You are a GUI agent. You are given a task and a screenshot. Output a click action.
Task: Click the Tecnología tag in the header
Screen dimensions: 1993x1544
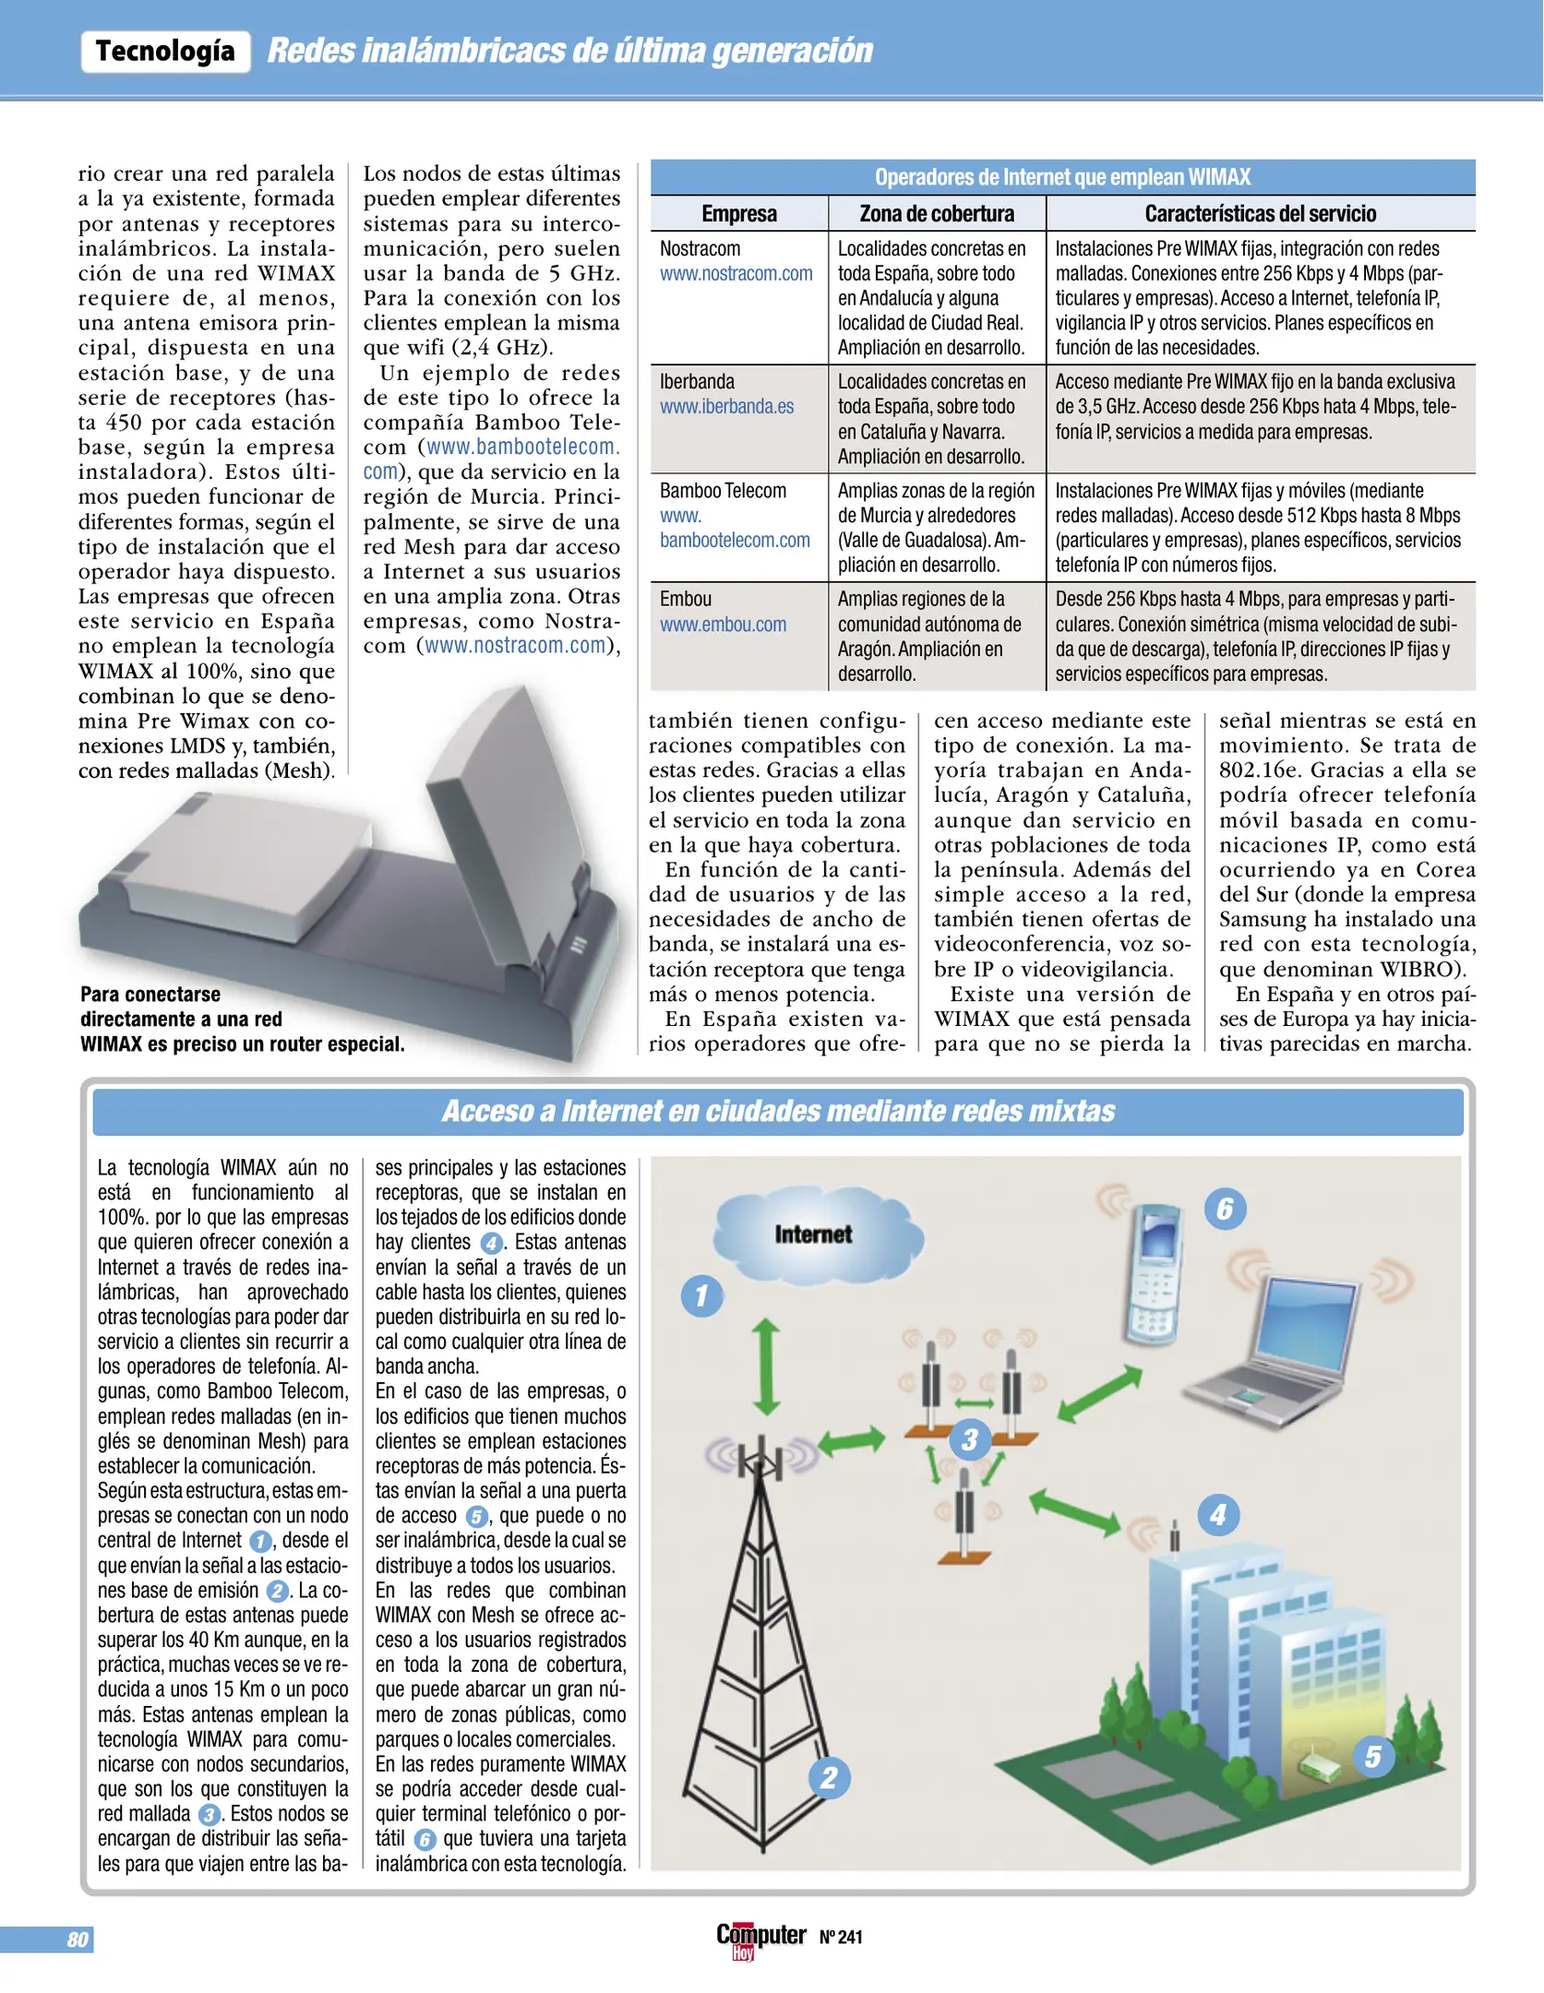tap(165, 51)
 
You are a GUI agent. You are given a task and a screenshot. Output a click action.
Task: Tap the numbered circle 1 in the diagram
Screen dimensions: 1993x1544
tap(701, 1295)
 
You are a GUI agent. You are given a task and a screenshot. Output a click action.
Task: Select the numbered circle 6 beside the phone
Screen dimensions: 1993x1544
tap(1225, 1209)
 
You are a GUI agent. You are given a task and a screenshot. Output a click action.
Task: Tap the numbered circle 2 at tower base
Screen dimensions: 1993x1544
tap(829, 1777)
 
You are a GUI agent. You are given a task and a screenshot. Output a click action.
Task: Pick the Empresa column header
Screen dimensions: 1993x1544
tap(739, 214)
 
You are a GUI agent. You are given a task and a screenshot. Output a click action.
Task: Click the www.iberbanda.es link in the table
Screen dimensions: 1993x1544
tap(726, 407)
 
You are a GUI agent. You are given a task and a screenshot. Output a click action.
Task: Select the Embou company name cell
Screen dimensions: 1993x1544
tap(686, 599)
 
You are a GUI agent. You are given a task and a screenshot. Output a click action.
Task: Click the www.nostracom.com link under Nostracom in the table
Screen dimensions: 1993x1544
tap(736, 274)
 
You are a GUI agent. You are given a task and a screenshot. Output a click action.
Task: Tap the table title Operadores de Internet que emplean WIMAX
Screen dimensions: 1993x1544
tap(1062, 177)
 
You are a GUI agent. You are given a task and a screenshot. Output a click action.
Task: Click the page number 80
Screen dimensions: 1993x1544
tap(78, 1939)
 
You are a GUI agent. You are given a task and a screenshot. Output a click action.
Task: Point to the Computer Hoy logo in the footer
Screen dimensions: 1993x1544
tap(760, 1938)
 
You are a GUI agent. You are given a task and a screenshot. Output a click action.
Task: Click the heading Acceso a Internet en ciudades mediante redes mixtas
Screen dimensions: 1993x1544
tap(778, 1111)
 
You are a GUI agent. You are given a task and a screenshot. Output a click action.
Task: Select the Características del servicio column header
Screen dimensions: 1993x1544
tap(1260, 214)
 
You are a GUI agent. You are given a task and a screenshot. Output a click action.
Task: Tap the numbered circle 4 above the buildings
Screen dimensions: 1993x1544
tap(1217, 1514)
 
